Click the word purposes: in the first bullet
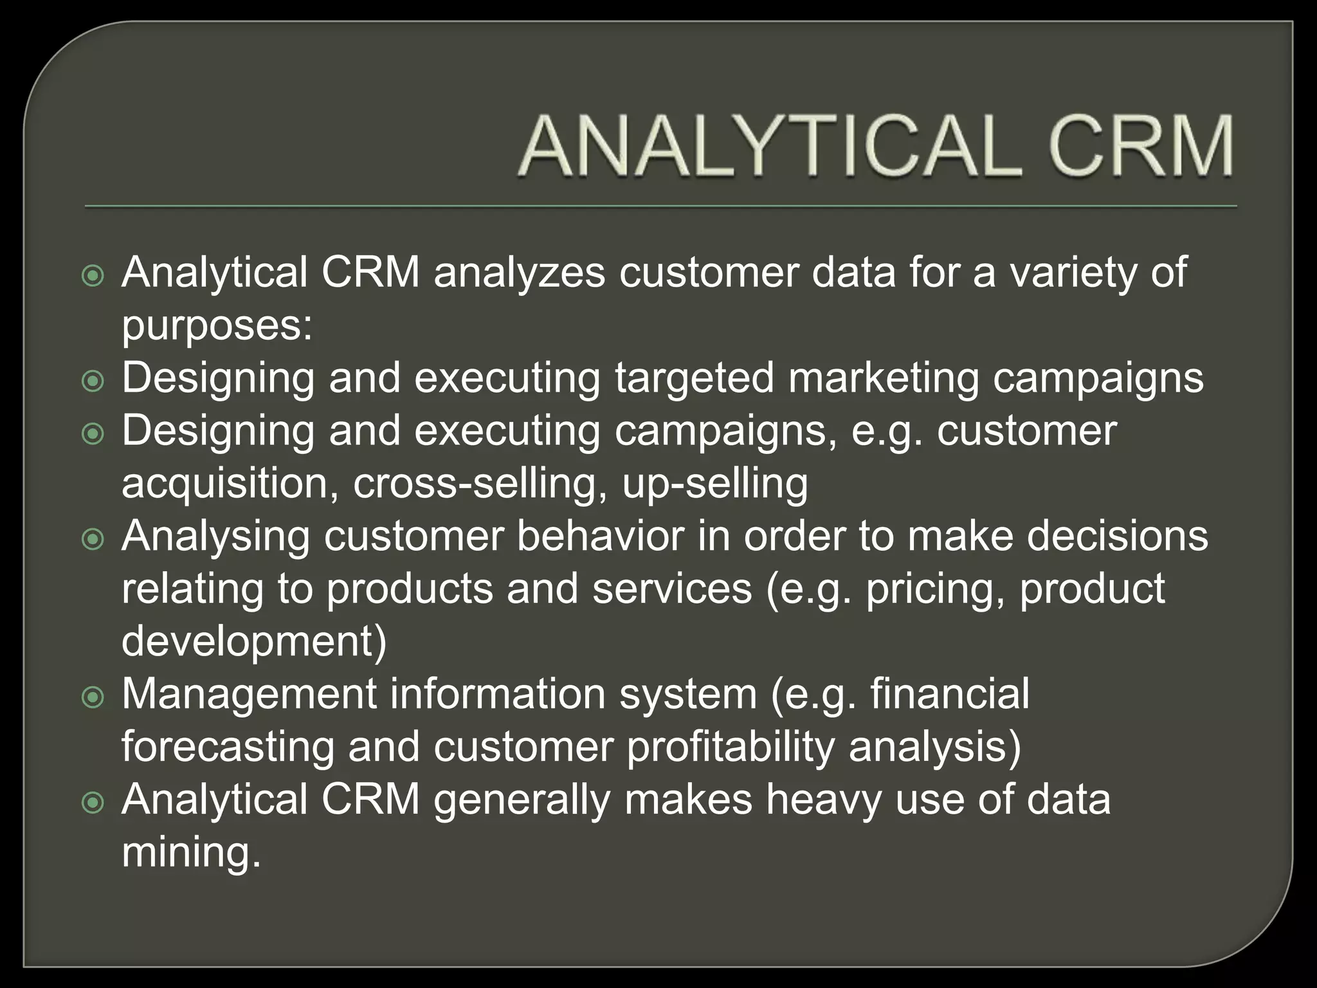[x=217, y=327]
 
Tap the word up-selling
[x=714, y=484]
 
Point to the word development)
[x=255, y=642]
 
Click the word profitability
[x=730, y=747]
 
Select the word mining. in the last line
[x=192, y=853]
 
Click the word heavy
[x=824, y=800]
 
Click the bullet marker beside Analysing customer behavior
[x=93, y=539]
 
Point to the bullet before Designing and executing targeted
[x=93, y=381]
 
